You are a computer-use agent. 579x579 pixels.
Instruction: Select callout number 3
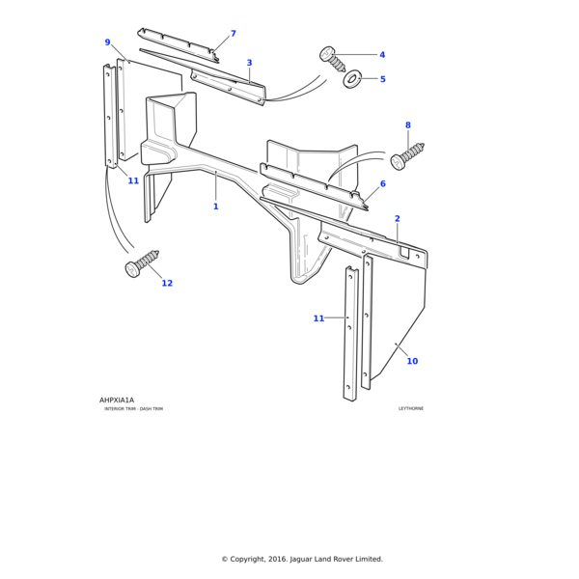click(249, 63)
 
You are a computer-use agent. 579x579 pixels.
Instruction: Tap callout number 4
click(381, 55)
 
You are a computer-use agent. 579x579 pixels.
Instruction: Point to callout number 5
click(382, 79)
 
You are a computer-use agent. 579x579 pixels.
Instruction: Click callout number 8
click(407, 125)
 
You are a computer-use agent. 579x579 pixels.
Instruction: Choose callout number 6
click(382, 183)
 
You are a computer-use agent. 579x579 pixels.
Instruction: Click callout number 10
click(412, 361)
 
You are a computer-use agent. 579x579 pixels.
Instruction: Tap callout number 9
click(107, 42)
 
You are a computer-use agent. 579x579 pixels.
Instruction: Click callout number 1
click(215, 207)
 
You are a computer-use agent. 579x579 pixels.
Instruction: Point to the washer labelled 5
click(353, 78)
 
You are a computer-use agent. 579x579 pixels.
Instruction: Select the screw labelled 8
click(407, 155)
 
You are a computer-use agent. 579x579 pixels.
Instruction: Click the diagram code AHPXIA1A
click(117, 400)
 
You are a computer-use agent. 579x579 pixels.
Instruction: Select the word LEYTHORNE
click(411, 409)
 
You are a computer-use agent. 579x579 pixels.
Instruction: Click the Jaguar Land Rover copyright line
click(302, 559)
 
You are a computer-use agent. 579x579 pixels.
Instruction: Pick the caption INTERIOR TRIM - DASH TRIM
click(133, 409)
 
